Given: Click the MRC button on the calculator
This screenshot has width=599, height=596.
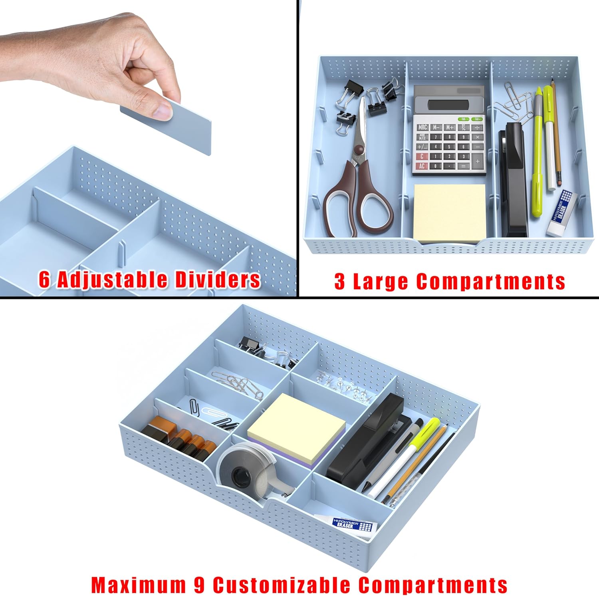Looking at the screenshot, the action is [422, 127].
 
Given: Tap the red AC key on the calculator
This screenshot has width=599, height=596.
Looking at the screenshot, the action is [422, 166].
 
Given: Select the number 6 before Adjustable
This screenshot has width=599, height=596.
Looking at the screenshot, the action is [44, 280].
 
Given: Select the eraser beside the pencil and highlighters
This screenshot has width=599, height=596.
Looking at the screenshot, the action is [562, 213].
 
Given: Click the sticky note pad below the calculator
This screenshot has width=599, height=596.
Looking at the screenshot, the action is [450, 214].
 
